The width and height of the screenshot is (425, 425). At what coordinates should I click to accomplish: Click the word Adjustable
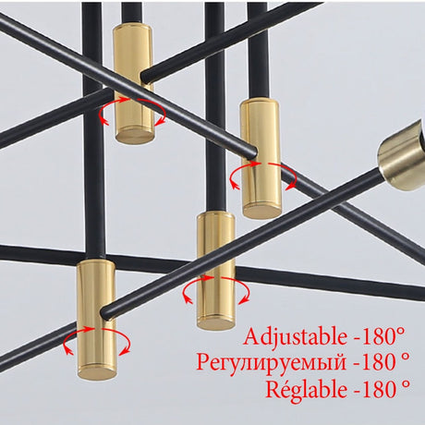(x=296, y=338)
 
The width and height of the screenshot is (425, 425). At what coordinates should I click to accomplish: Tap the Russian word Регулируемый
(x=272, y=363)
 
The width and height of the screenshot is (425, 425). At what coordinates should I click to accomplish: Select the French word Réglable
(x=307, y=390)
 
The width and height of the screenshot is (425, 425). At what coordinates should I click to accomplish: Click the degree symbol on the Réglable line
(x=406, y=383)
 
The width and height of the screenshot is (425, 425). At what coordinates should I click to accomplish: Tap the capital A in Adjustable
(x=254, y=336)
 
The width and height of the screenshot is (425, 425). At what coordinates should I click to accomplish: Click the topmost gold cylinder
(x=134, y=84)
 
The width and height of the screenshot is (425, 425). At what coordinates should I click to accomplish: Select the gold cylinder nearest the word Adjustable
(x=216, y=270)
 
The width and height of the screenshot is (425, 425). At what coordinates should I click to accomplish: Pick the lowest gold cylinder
(x=97, y=321)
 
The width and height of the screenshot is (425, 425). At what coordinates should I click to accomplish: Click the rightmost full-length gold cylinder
(x=261, y=159)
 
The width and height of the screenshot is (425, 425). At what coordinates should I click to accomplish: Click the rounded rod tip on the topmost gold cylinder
(x=145, y=77)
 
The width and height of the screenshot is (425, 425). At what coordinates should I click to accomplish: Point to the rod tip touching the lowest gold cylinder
(x=106, y=313)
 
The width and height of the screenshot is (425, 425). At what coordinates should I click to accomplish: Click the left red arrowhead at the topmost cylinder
(x=104, y=122)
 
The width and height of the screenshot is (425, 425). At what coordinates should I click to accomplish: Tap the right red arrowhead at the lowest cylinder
(x=124, y=352)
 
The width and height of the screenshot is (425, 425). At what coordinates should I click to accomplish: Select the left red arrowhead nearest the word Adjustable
(x=188, y=299)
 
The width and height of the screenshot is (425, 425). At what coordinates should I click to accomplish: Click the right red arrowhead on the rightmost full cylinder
(x=289, y=187)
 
